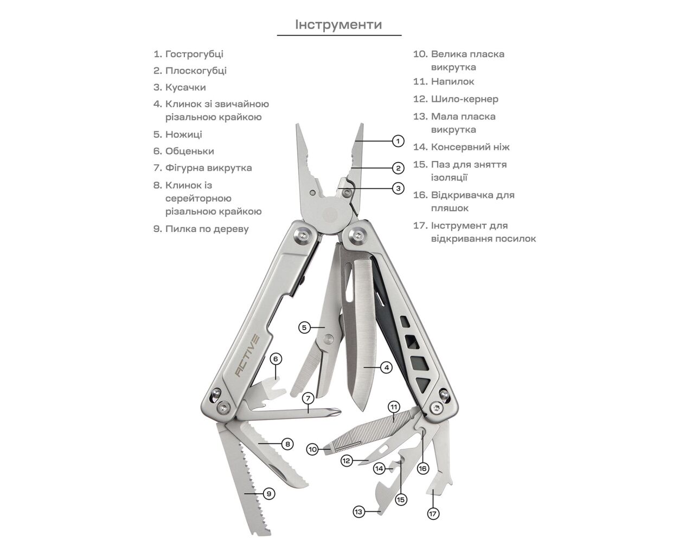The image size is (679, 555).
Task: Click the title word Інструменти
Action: point(338,24)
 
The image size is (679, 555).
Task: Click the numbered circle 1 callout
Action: point(398,141)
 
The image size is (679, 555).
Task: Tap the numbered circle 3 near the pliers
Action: point(398,188)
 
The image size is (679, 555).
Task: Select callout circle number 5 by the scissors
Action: point(305,327)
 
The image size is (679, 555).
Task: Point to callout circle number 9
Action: point(269,493)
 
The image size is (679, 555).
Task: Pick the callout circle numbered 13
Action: point(358,511)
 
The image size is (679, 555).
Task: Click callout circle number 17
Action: point(433,513)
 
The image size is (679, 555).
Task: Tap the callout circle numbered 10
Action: point(312,449)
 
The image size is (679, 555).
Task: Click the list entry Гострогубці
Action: point(194,54)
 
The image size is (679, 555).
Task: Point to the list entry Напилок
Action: point(452,81)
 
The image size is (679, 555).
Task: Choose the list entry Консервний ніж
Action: point(470,146)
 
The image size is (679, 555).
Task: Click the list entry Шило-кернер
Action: point(464,99)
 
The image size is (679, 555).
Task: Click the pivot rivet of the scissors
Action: point(327,339)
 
